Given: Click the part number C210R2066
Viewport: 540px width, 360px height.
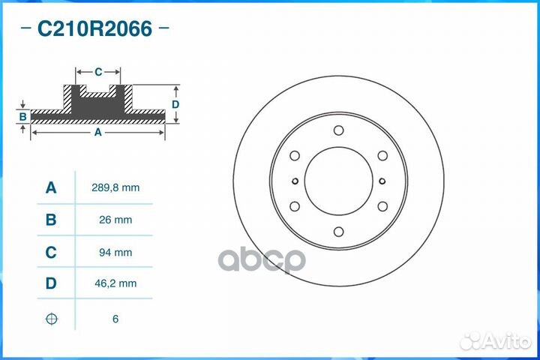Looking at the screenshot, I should tap(94, 29).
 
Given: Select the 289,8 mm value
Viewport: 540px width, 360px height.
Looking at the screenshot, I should tap(115, 187).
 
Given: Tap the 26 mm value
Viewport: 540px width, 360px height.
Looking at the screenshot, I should tap(115, 220).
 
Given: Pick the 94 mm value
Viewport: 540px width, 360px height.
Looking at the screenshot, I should tap(115, 253).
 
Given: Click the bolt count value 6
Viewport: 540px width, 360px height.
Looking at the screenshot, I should tap(115, 319).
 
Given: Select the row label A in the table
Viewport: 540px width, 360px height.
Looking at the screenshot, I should tap(51, 187).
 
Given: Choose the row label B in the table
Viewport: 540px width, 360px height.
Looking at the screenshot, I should tap(51, 220).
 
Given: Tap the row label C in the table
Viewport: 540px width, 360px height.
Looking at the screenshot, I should tap(51, 253).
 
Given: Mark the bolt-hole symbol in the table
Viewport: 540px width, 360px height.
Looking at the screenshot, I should tap(51, 319).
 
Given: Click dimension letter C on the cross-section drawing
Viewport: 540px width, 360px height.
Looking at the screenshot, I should tap(98, 72).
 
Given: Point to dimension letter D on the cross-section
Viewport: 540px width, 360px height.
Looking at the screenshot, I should tap(175, 104).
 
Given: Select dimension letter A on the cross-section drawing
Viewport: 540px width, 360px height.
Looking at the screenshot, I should tap(97, 132).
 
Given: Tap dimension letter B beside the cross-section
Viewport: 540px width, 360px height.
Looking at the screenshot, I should tap(23, 116).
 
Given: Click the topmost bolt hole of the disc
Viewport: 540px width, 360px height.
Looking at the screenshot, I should tap(338, 130).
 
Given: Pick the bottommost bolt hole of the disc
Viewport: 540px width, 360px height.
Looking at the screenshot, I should tap(338, 232).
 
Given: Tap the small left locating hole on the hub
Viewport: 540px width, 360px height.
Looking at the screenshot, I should tap(295, 181).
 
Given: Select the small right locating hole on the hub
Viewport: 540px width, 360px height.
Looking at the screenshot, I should tap(382, 181).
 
